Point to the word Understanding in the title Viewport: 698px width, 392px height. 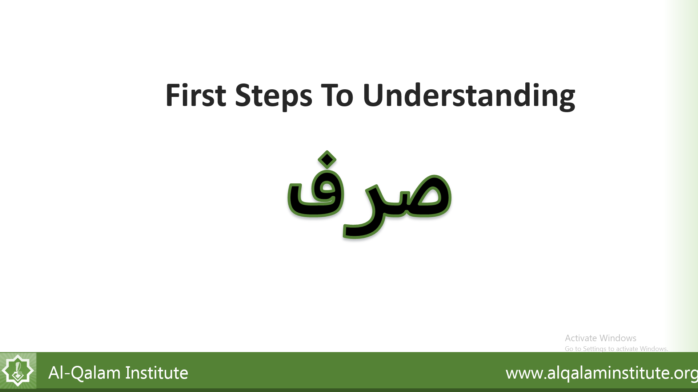click(x=469, y=96)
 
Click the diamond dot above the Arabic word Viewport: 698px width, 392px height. click(x=327, y=159)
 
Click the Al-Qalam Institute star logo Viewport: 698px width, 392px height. click(x=18, y=371)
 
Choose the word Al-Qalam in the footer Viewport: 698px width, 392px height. click(x=85, y=373)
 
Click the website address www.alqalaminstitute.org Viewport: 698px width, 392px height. click(x=602, y=373)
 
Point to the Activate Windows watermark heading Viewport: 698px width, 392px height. click(x=601, y=338)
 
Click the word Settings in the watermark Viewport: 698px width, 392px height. click(x=595, y=349)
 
